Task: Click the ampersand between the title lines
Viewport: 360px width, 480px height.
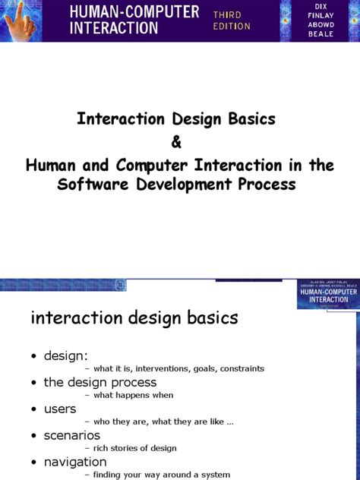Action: [x=179, y=144]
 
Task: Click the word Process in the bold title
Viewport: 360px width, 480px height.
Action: [x=267, y=185]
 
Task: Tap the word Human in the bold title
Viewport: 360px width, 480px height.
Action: [x=50, y=166]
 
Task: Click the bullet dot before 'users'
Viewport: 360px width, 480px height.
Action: [x=35, y=410]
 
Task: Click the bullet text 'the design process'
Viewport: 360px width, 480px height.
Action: [x=100, y=383]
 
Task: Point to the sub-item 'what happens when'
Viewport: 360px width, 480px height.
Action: [x=133, y=396]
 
